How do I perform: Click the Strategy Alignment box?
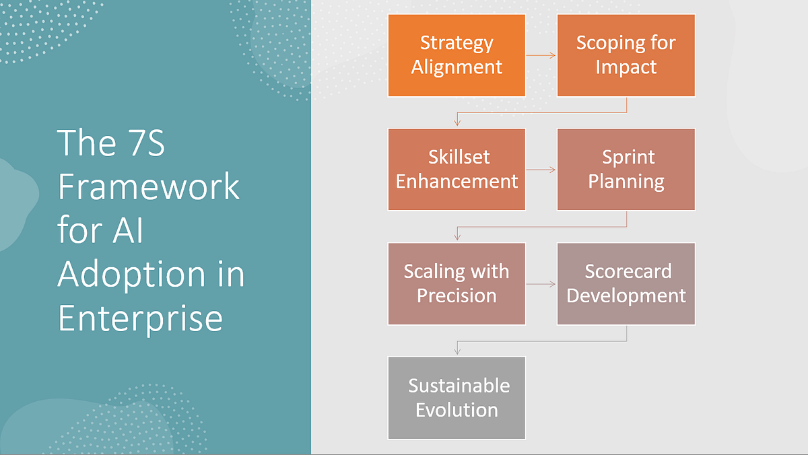pos(457,55)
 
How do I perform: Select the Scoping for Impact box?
pos(626,55)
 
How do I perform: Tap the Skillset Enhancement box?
pos(457,170)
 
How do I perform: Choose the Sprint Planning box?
pos(626,170)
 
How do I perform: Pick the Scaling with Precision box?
pos(457,284)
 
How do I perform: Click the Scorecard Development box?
pos(626,284)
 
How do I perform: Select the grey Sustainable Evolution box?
pos(457,398)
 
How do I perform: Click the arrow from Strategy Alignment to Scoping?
pos(541,55)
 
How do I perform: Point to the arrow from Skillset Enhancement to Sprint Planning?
pos(541,170)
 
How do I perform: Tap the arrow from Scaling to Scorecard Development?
pos(541,284)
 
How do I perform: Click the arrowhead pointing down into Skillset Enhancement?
pos(457,123)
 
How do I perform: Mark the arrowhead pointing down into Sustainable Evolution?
pos(457,351)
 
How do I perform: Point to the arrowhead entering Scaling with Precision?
pos(457,237)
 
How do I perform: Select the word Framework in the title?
pos(148,186)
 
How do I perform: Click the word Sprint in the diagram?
pos(628,157)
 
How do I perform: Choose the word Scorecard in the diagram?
pos(628,272)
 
